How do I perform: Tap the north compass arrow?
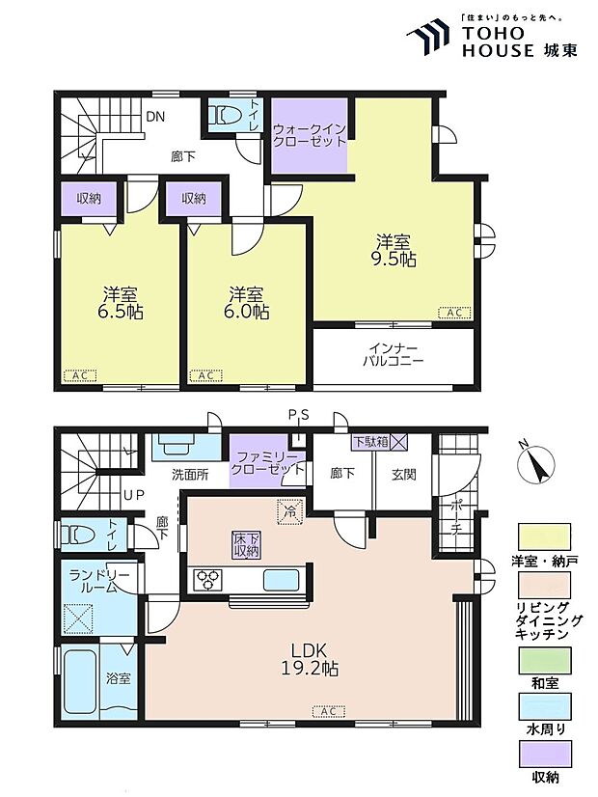point(536,463)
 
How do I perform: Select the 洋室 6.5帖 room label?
point(121,302)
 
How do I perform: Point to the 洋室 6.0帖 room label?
point(246,302)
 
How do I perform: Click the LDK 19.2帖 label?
point(310,658)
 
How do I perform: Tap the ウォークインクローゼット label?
point(309,134)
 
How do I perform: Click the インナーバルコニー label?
point(393,355)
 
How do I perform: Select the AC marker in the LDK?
point(329,712)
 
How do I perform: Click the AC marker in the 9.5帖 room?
point(454,313)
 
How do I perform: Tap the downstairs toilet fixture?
point(78,535)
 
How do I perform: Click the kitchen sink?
point(280,580)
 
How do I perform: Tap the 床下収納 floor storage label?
point(246,545)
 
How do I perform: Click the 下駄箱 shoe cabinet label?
point(372,441)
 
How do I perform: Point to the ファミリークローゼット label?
point(267,463)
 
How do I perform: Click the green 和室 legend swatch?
point(544,660)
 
